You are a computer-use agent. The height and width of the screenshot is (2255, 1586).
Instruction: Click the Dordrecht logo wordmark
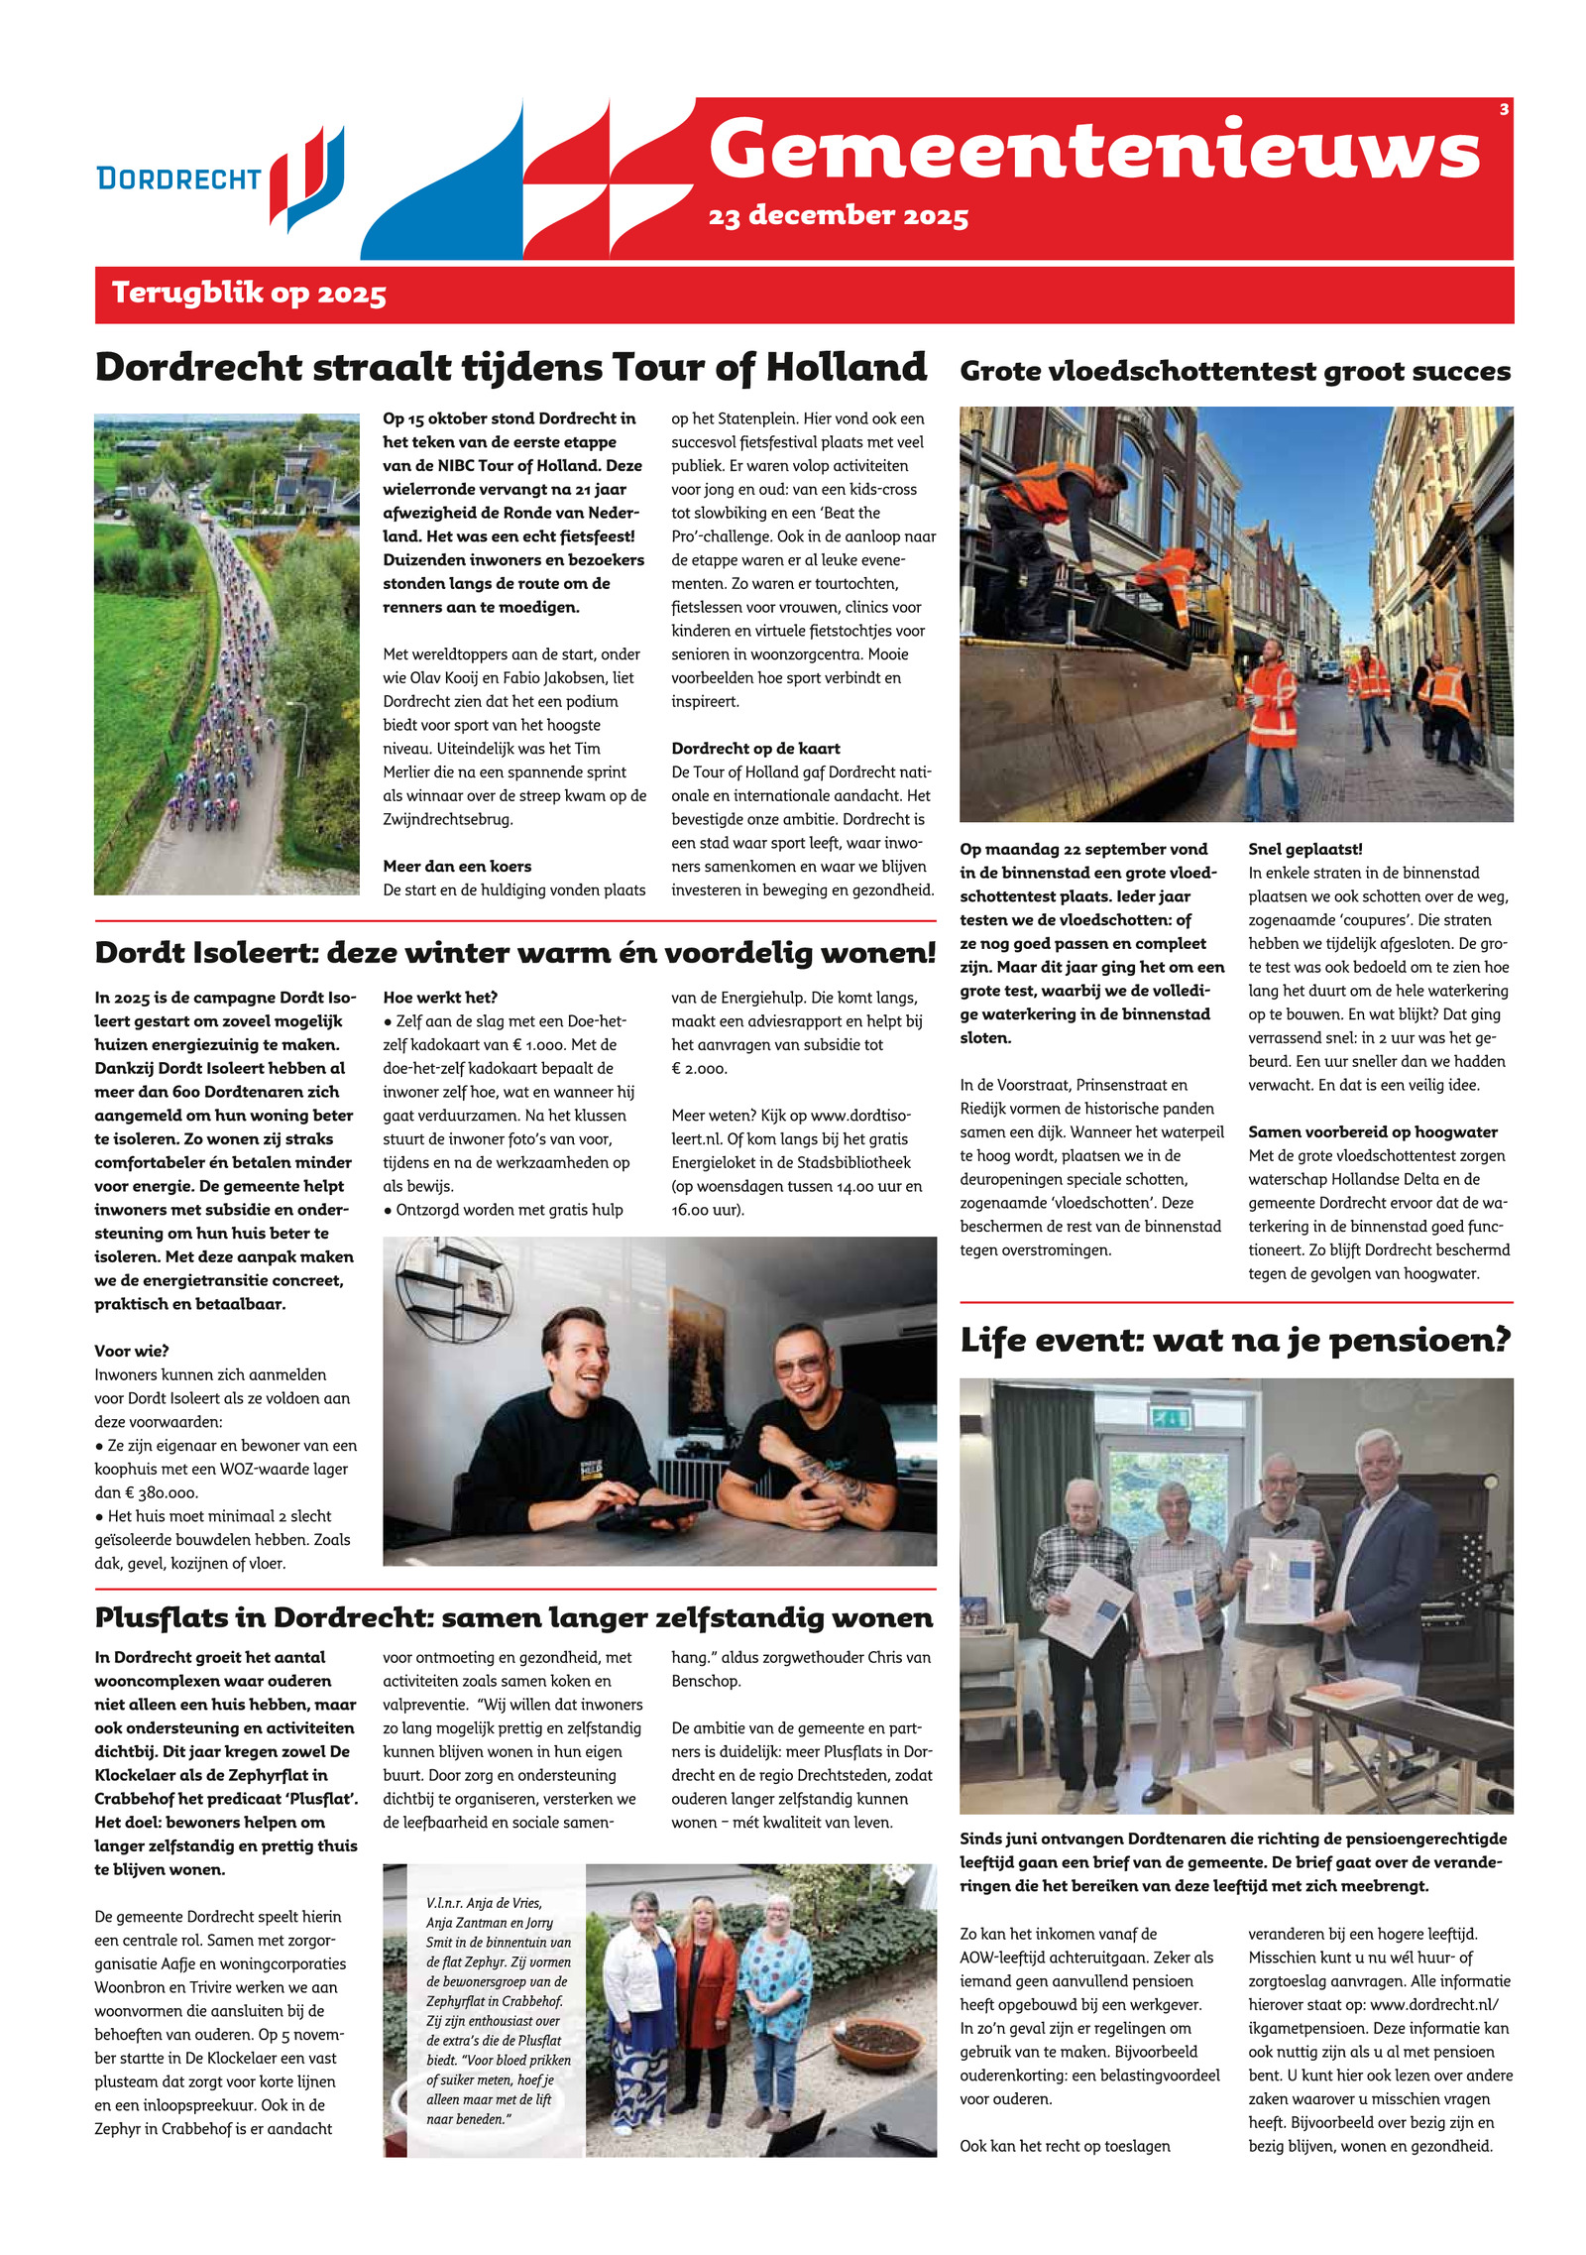coord(178,178)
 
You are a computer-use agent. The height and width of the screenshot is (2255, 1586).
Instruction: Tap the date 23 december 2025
coord(838,215)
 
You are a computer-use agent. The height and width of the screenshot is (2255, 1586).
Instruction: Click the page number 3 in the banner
coord(1504,110)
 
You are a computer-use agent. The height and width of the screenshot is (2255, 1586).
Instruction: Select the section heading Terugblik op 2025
coord(249,294)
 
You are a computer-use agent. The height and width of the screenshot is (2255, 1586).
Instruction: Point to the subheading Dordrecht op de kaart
coord(755,749)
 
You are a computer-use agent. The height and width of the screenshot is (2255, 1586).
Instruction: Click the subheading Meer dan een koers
coord(457,866)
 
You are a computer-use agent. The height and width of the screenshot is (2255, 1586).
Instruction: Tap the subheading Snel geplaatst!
coord(1304,849)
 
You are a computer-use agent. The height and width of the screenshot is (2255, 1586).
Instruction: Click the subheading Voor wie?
coord(132,1351)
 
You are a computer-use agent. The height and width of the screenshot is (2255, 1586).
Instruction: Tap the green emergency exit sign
coord(1171,1418)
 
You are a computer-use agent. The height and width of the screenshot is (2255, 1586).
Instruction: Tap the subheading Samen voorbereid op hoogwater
coord(1372,1131)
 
